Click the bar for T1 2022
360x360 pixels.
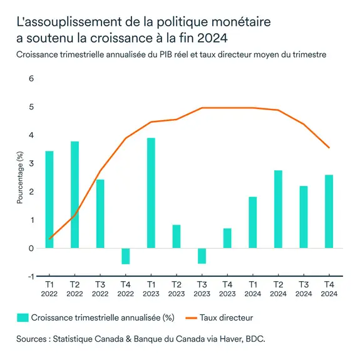pos(49,199)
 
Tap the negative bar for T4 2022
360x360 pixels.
pos(126,256)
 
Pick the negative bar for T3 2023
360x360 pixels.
pos(202,255)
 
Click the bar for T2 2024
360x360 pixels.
pos(279,209)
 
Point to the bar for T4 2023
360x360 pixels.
pos(227,239)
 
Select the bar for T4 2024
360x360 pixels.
pos(329,212)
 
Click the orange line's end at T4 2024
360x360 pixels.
pos(329,148)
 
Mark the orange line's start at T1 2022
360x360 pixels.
pos(49,239)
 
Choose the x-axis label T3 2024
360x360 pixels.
pos(304,288)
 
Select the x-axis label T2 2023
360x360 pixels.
pos(177,288)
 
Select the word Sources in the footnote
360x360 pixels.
pos(36,339)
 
